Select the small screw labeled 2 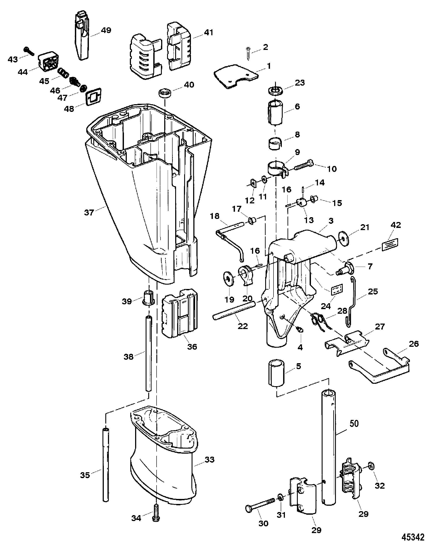(248, 54)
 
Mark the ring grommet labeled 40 (165, 92)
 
